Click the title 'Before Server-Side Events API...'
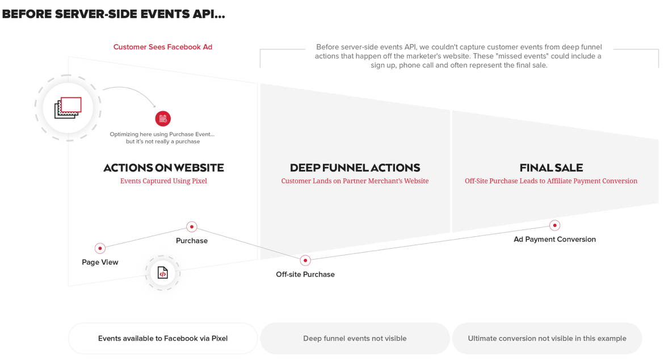coord(114,14)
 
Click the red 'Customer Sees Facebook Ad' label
coord(163,47)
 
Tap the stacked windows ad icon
coord(68,107)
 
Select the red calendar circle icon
coord(163,119)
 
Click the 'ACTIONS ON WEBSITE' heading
coord(163,168)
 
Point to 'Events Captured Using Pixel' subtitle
coord(163,181)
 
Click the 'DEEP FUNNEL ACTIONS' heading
coord(355,168)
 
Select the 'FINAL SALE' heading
coord(551,168)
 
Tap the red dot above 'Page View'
coord(100,248)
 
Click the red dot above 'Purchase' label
coord(192,227)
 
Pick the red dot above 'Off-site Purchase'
coord(305,261)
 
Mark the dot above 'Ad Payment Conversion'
coord(554,225)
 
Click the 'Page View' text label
coord(100,262)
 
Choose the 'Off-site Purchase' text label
coord(305,275)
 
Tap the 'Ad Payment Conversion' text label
coord(554,240)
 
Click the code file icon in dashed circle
coord(163,273)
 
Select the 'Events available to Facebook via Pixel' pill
coord(163,338)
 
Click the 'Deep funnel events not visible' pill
coord(355,338)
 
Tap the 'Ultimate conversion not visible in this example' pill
coord(547,338)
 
